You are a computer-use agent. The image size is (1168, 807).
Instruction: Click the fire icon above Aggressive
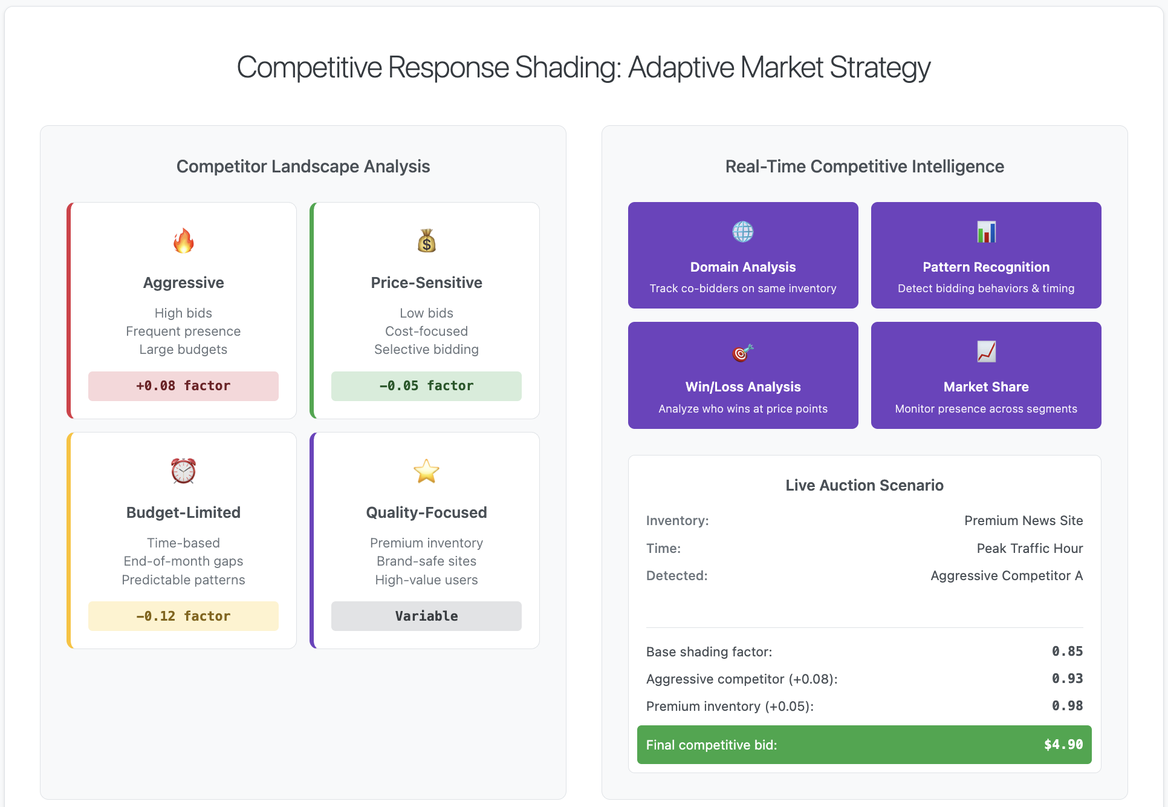coord(183,241)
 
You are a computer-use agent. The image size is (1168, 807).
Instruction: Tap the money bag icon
coord(426,241)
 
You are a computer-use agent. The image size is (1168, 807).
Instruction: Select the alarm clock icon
coord(183,471)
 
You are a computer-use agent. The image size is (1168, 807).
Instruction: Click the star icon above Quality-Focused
coord(426,471)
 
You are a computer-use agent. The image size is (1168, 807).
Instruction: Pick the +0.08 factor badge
coord(183,386)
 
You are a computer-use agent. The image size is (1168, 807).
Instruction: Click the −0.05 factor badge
coord(426,386)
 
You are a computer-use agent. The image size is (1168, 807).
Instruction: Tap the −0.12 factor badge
coord(183,616)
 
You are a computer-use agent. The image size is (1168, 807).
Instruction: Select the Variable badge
coord(426,616)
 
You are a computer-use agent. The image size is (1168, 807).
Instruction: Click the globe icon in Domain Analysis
coord(743,232)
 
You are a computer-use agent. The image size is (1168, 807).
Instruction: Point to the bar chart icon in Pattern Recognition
coord(986,232)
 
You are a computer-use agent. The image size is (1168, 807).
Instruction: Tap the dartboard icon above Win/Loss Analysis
coord(743,352)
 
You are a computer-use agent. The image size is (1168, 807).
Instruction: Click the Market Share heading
coord(986,387)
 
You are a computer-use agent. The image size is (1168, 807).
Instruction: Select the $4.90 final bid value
coord(1063,745)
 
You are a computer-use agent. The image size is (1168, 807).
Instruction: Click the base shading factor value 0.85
coord(1067,652)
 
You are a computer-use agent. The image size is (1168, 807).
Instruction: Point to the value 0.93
coord(1067,679)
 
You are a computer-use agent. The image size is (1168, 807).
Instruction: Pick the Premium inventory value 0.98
coord(1067,706)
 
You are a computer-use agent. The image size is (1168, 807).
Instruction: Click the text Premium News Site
coord(1024,521)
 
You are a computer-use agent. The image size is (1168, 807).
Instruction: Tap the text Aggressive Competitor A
coord(1007,576)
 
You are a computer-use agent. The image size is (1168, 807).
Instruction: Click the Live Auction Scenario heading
coord(865,485)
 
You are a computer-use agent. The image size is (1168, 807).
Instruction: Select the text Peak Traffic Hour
coord(1030,549)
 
